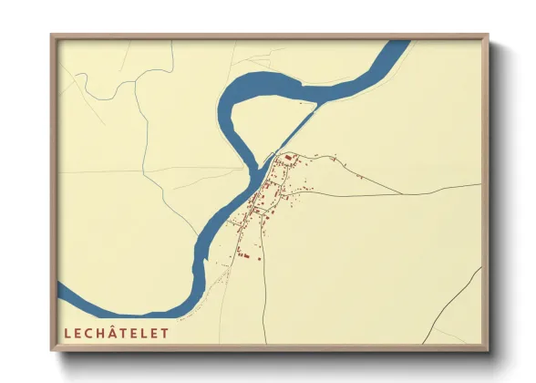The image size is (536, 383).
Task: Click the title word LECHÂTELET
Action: coord(116,334)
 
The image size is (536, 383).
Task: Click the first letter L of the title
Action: coord(67,334)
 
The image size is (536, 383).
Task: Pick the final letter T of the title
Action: coord(165,334)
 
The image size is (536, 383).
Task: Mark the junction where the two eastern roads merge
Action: coord(402,193)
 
